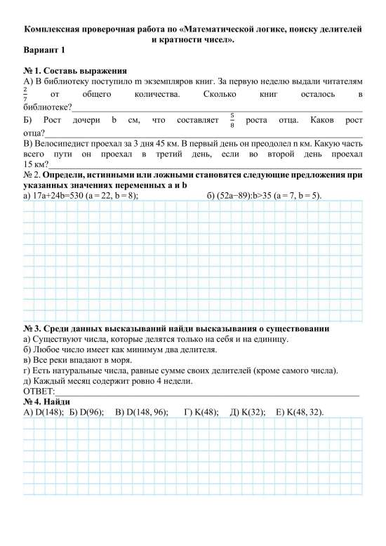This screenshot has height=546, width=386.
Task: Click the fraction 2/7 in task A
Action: [x=26, y=94]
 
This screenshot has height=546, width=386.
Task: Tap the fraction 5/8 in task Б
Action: [x=232, y=120]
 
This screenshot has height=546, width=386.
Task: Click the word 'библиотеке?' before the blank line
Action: [x=48, y=107]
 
